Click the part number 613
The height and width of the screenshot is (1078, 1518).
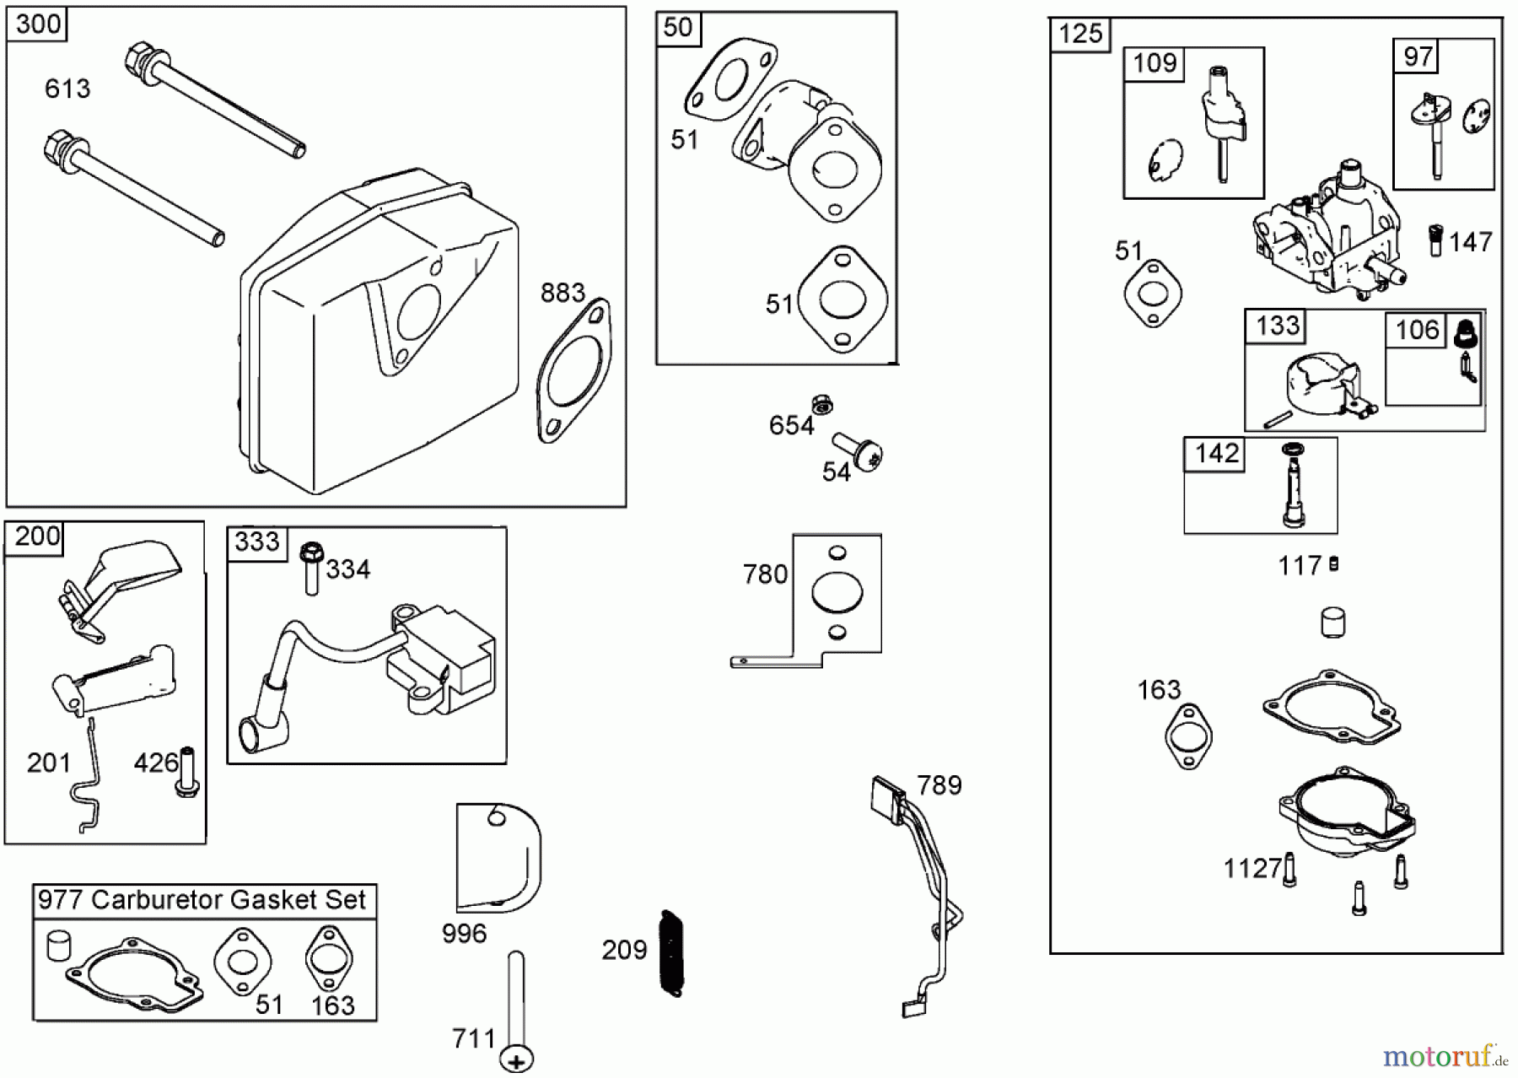[67, 89]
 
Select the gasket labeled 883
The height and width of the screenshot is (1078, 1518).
[574, 371]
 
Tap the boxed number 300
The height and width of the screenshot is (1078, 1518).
[38, 24]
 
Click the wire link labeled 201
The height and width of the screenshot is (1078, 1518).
[87, 780]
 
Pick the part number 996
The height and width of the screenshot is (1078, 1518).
[464, 934]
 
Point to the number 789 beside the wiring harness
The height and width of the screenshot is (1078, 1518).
[939, 785]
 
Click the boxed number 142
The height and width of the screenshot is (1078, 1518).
[1216, 454]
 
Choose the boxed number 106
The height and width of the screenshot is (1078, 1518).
[1417, 329]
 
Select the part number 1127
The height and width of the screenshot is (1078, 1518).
[1252, 868]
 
